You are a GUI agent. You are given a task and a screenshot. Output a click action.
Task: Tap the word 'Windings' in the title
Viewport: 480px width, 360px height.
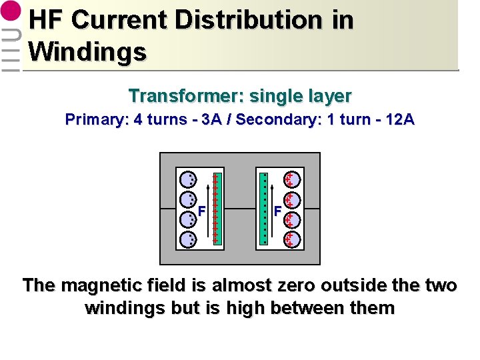[x=87, y=51]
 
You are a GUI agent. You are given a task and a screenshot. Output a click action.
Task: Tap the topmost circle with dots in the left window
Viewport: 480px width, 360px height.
[x=189, y=179]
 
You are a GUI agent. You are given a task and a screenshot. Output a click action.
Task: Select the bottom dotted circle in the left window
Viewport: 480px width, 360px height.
[x=189, y=239]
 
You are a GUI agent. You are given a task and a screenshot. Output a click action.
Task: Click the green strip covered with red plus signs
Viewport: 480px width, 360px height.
[x=216, y=209]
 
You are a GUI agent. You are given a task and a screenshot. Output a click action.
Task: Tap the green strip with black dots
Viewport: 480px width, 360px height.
[x=264, y=209]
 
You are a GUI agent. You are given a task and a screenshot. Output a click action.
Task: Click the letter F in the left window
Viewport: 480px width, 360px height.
[x=201, y=211]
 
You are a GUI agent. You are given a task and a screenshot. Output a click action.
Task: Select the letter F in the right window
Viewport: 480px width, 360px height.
[x=277, y=211]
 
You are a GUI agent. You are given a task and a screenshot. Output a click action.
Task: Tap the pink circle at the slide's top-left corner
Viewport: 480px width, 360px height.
[x=11, y=14]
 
